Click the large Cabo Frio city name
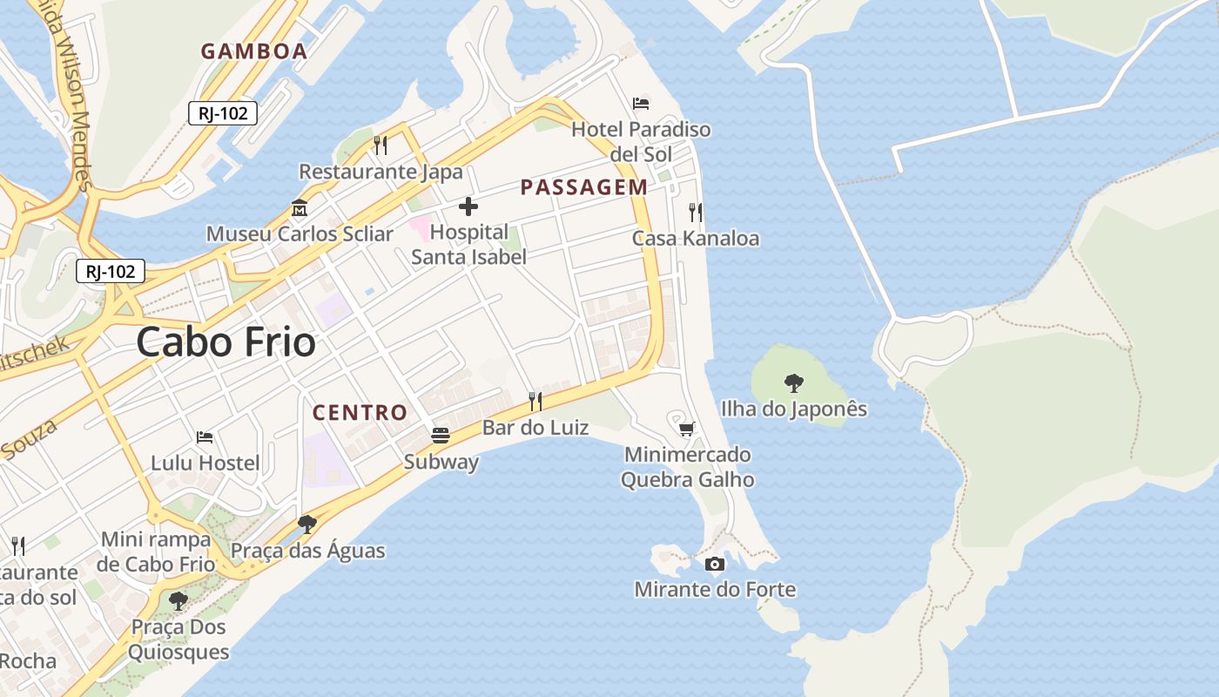[x=226, y=342]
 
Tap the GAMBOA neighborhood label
[x=254, y=51]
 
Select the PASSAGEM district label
[x=584, y=187]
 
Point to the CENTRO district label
[x=360, y=413]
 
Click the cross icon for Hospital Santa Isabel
[x=468, y=206]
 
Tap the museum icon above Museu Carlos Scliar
[x=300, y=208]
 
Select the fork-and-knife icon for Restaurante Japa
[x=381, y=145]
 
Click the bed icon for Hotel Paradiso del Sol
[x=641, y=104]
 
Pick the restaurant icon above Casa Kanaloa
[x=695, y=212]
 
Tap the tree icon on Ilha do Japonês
[x=793, y=382]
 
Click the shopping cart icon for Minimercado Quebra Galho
[x=687, y=428]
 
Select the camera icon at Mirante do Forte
[x=715, y=564]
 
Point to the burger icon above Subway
[x=441, y=435]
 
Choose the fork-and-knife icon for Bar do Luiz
[x=535, y=402]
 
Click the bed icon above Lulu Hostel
[x=205, y=436]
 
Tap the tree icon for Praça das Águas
[x=306, y=524]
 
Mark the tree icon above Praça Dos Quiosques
[x=178, y=600]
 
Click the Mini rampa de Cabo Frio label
[x=157, y=552]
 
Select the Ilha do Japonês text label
[x=794, y=409]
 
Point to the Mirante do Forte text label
[x=715, y=590]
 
